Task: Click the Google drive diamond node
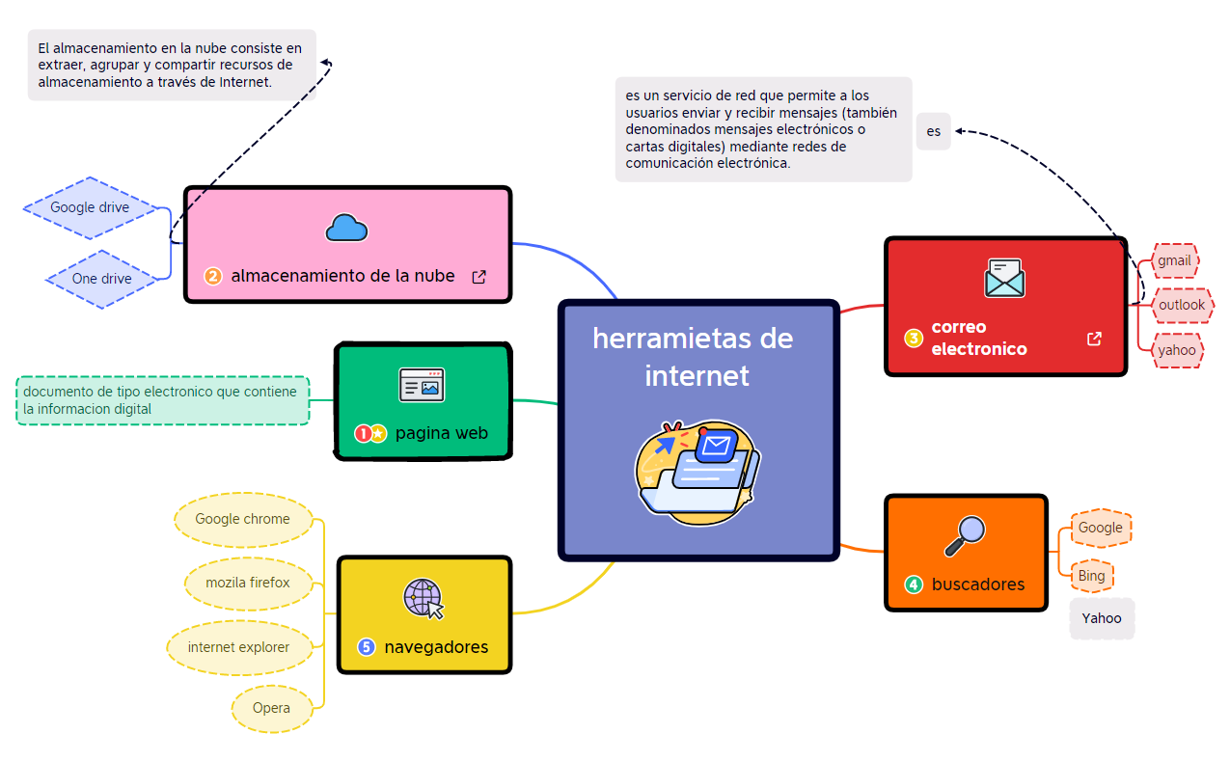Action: click(x=90, y=207)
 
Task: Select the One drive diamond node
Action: click(x=101, y=279)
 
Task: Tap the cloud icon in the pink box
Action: click(x=346, y=228)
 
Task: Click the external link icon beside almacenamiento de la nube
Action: click(x=478, y=277)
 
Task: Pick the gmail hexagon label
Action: click(x=1174, y=260)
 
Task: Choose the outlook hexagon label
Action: click(x=1182, y=305)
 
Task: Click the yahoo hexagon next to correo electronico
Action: click(x=1177, y=350)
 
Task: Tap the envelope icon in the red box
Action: click(x=1004, y=278)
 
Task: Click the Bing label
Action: click(x=1091, y=576)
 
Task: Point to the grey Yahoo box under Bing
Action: click(x=1102, y=618)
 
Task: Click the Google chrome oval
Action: click(x=243, y=519)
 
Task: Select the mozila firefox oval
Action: click(x=248, y=583)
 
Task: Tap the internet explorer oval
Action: click(x=239, y=647)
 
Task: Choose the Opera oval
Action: click(x=271, y=708)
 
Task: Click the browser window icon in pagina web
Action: click(x=422, y=385)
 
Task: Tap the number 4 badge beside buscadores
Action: click(x=913, y=584)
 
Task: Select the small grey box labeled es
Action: click(x=934, y=131)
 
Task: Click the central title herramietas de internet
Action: click(x=694, y=356)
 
